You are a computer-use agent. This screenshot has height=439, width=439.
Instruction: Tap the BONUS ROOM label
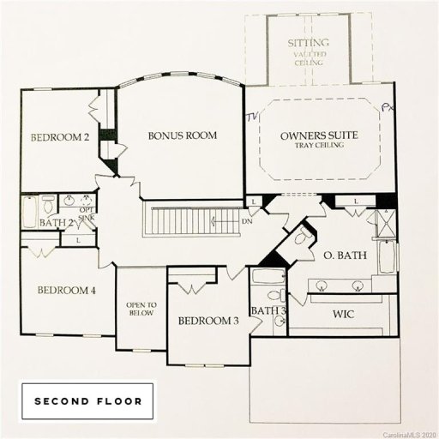(182, 135)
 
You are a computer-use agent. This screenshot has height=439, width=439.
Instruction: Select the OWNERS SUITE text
(319, 136)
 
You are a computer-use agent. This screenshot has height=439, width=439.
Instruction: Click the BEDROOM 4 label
(66, 291)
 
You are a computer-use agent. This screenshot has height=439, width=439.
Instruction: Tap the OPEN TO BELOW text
(141, 308)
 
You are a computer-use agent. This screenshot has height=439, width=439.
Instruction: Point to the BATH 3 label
(268, 310)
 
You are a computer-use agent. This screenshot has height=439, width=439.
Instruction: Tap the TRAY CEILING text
(319, 147)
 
